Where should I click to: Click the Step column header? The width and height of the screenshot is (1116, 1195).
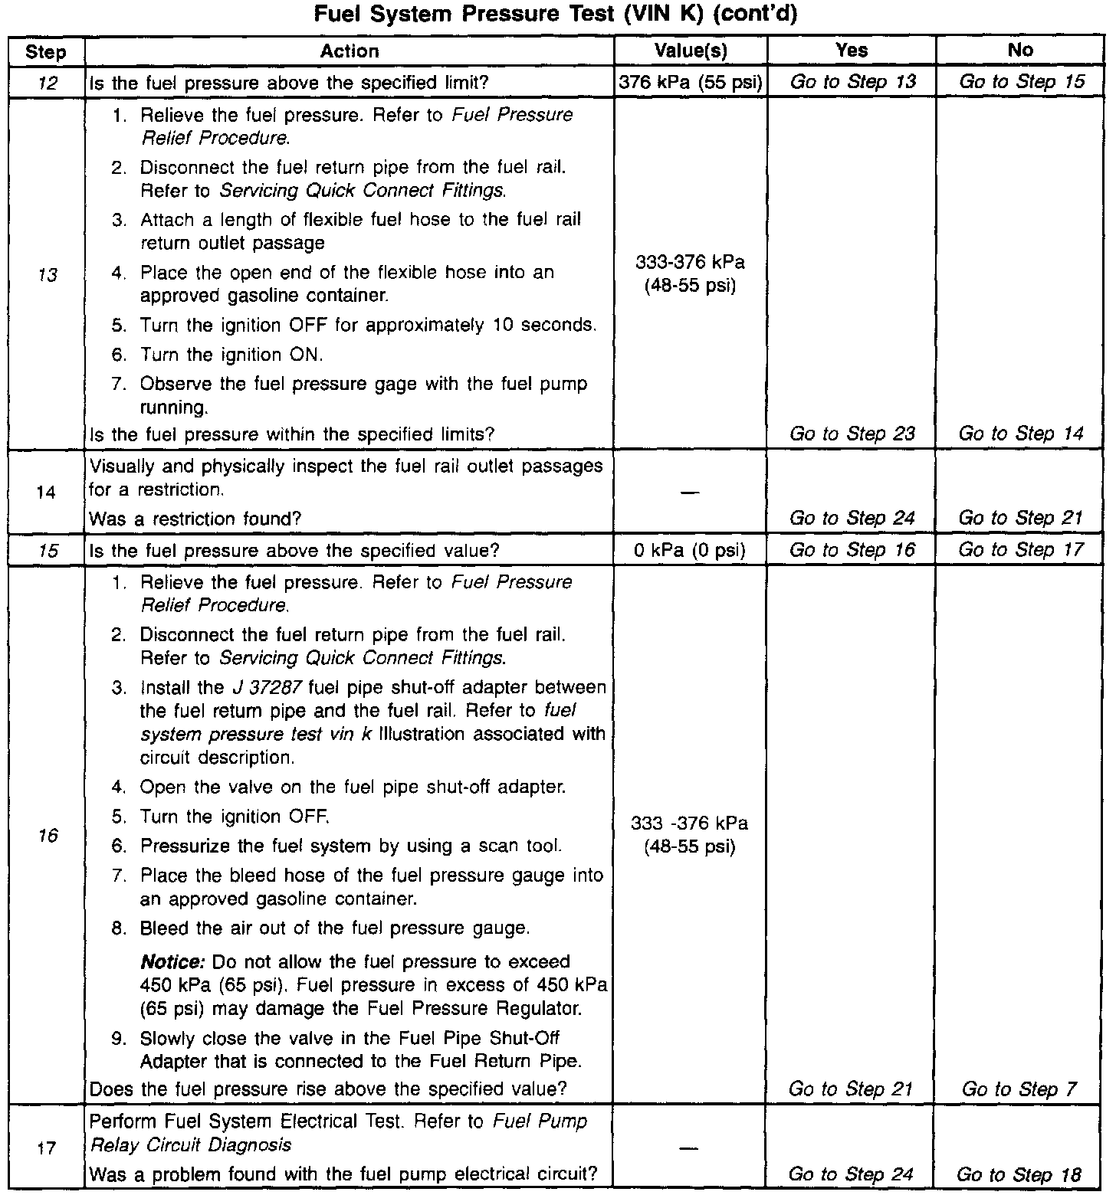click(x=46, y=52)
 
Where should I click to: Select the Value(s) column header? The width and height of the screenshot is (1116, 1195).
click(x=690, y=51)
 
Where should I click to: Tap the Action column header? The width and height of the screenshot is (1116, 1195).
click(x=350, y=51)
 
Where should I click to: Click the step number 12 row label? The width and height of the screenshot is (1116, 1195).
click(x=47, y=83)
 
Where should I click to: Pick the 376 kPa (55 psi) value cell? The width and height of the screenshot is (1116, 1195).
click(x=690, y=83)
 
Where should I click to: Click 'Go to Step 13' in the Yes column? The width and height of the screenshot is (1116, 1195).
click(x=852, y=82)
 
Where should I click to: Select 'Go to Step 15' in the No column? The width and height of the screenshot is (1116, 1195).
click(x=1021, y=82)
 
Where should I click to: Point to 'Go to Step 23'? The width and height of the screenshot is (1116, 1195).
click(x=852, y=434)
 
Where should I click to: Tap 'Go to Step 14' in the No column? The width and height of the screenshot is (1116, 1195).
click(x=1021, y=434)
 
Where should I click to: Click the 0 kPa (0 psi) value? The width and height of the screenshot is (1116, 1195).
click(x=690, y=550)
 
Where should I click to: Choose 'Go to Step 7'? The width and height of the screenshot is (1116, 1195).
click(x=1019, y=1089)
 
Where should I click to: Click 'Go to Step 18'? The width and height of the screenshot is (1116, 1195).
click(x=1019, y=1174)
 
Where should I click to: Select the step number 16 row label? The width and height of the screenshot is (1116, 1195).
click(x=47, y=836)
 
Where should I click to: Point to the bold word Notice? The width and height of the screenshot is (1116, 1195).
click(x=173, y=962)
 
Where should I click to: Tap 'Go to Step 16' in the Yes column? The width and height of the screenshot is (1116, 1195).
click(x=852, y=550)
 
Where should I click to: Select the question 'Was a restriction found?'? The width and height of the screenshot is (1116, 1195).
click(x=195, y=519)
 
